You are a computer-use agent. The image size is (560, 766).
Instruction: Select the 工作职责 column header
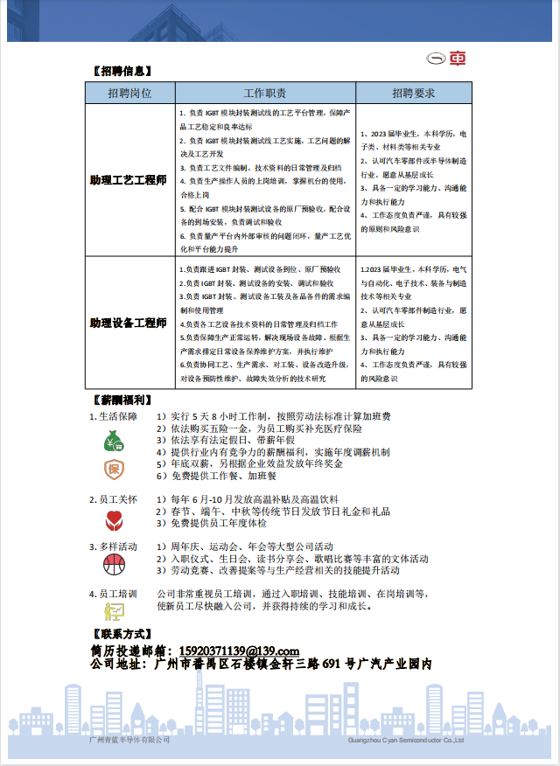point(265,93)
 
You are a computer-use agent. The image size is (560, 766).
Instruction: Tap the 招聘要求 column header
point(413,93)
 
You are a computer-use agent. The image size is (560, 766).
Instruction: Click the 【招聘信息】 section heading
point(122,71)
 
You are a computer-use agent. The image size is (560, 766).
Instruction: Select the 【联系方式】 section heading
point(122,632)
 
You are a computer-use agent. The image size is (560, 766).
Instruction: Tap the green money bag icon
point(114,441)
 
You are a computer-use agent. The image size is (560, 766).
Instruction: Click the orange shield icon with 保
point(114,470)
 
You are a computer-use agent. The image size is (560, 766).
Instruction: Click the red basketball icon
point(114,564)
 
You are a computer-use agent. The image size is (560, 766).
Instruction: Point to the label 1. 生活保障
point(113,417)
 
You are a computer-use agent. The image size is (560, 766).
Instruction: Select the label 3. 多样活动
point(113,547)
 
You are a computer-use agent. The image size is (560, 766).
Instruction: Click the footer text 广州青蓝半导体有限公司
point(131,740)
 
